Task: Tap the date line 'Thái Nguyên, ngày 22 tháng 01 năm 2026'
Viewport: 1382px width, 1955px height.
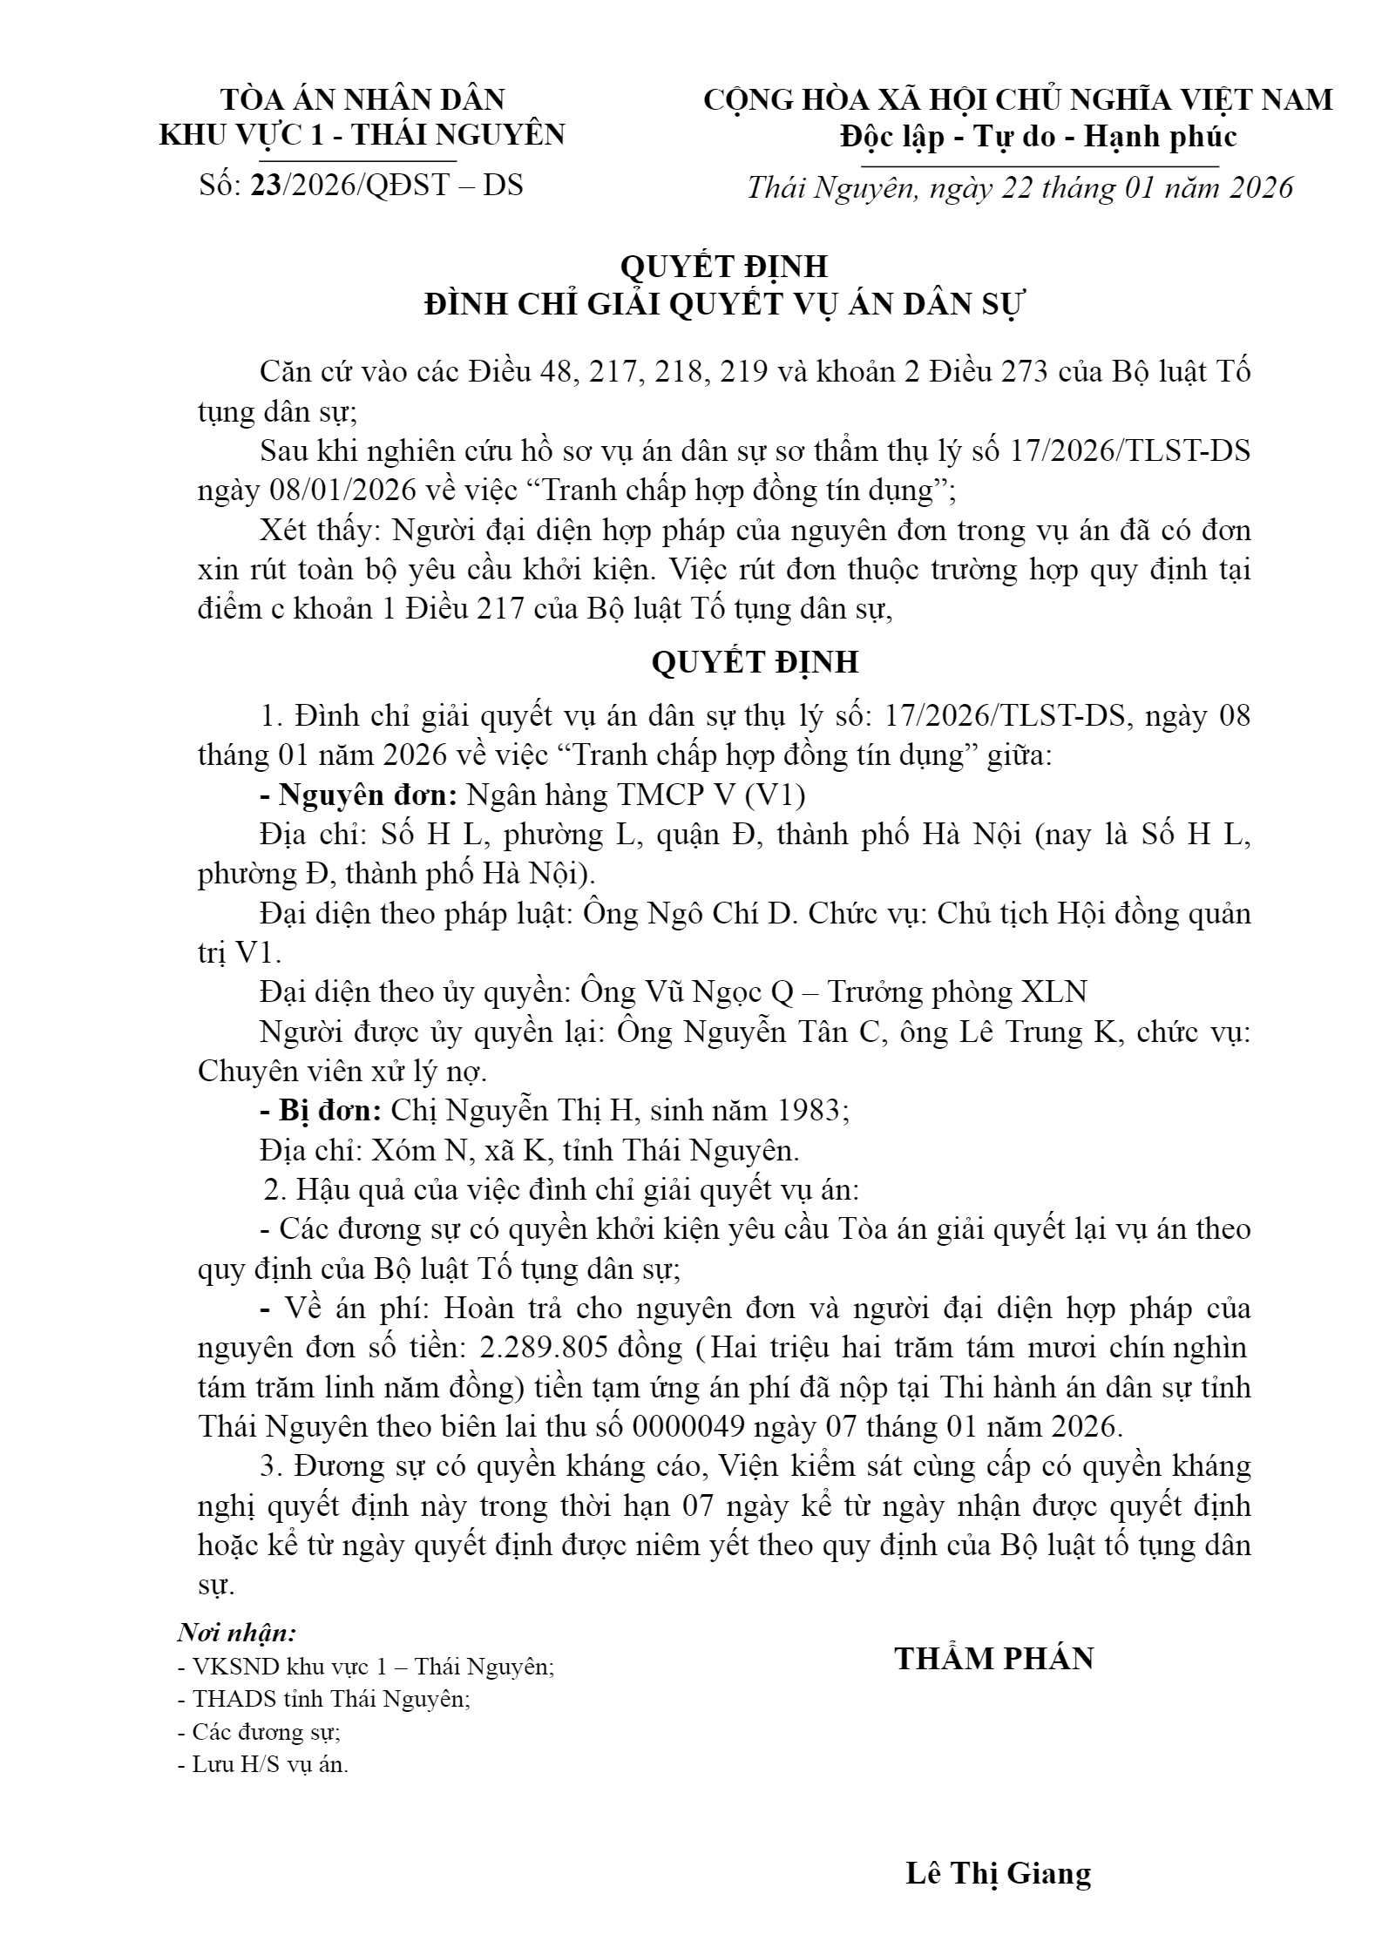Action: point(1020,188)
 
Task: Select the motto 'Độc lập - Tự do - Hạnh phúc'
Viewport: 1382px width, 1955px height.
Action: point(1038,137)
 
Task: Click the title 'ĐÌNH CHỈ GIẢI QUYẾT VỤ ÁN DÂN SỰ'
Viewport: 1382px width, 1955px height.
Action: point(726,305)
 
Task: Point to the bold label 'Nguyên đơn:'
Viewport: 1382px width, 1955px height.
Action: point(367,795)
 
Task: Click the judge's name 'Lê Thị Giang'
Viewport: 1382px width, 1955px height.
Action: point(998,1873)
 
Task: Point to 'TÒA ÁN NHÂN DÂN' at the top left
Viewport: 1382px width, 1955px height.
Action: point(362,99)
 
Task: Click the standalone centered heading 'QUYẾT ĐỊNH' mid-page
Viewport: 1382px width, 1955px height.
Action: point(755,662)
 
